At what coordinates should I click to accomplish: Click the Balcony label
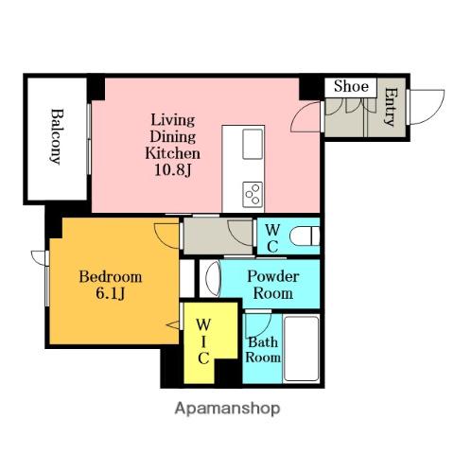pyautogui.click(x=57, y=136)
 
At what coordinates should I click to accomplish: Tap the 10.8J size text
pyautogui.click(x=172, y=170)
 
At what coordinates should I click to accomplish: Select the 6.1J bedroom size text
pyautogui.click(x=111, y=293)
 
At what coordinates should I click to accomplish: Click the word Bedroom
pyautogui.click(x=111, y=276)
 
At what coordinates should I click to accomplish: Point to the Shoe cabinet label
pyautogui.click(x=351, y=86)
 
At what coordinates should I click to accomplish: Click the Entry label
pyautogui.click(x=391, y=107)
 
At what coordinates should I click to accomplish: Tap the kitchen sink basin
pyautogui.click(x=253, y=144)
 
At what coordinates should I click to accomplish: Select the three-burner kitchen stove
pyautogui.click(x=253, y=195)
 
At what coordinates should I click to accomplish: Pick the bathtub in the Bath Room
pyautogui.click(x=301, y=348)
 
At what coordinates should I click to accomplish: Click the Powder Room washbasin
pyautogui.click(x=212, y=278)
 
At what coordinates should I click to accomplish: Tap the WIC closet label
pyautogui.click(x=203, y=341)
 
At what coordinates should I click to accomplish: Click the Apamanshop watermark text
pyautogui.click(x=227, y=409)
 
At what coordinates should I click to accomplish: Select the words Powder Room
pyautogui.click(x=273, y=285)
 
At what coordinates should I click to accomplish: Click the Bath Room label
pyautogui.click(x=263, y=350)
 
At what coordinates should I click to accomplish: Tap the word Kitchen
pyautogui.click(x=172, y=153)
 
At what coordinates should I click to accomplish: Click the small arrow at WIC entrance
pyautogui.click(x=172, y=324)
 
